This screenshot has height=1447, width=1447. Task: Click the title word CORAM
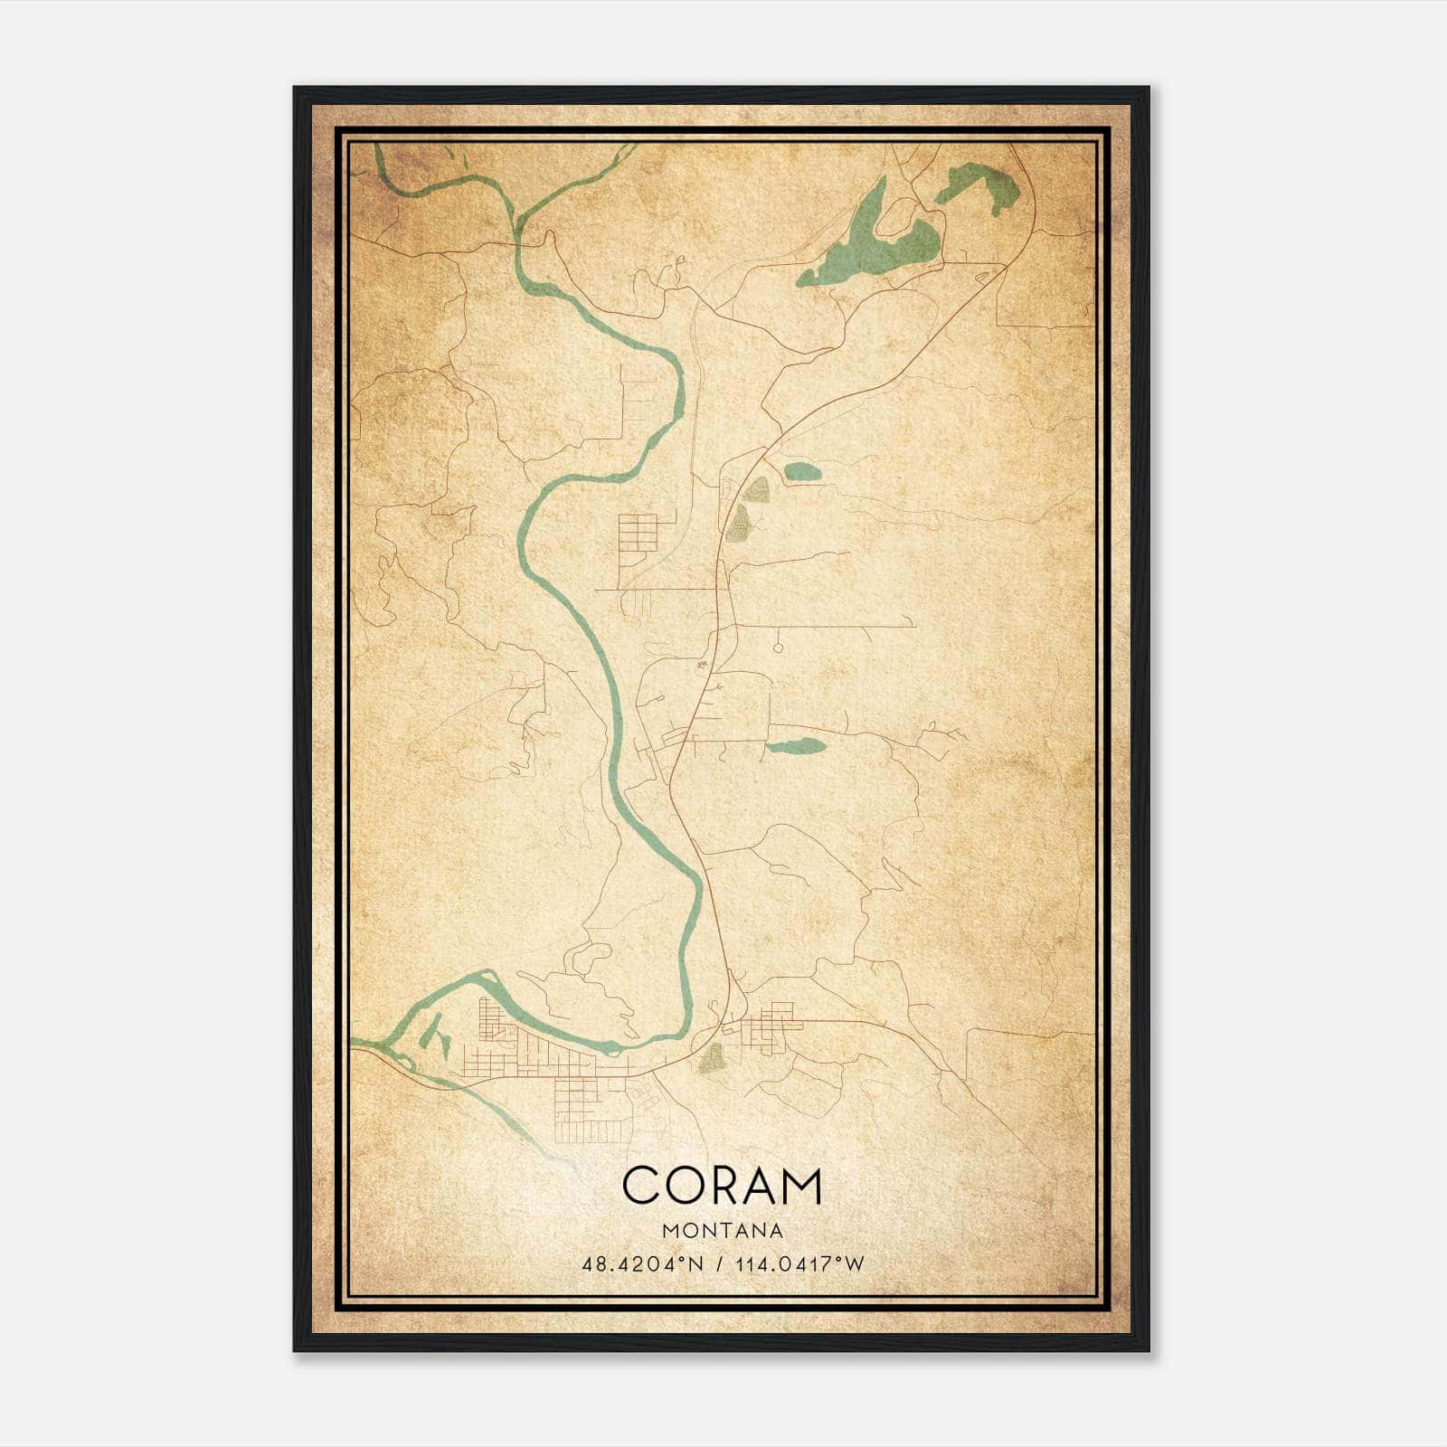[x=722, y=1186]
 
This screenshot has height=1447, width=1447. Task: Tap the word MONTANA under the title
[x=723, y=1231]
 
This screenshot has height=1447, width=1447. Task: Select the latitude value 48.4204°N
[x=643, y=1264]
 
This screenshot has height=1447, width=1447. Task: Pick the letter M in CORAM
[x=802, y=1186]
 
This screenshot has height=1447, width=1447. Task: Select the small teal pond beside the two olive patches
[x=802, y=471]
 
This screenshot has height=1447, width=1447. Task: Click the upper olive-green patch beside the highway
[x=756, y=490]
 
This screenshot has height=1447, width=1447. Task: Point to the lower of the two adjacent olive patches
[x=740, y=523]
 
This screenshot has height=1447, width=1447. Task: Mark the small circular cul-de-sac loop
[x=778, y=647]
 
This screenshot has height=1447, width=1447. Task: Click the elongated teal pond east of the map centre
[x=796, y=747]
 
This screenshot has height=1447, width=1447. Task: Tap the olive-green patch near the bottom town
[x=713, y=1055]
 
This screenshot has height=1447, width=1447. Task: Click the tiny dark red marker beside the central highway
[x=698, y=667]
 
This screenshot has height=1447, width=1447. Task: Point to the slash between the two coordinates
[x=719, y=1264]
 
